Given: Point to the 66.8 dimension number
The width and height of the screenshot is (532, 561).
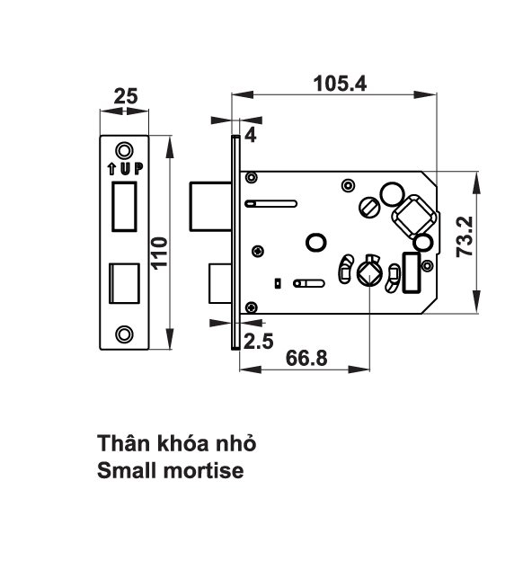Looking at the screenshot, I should coord(306,357).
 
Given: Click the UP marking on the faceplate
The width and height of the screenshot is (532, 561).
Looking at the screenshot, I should coord(125,167).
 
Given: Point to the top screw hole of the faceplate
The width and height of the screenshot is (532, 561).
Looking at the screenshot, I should coord(125,149).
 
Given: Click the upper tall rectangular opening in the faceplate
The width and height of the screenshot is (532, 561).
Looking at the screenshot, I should coord(124,206).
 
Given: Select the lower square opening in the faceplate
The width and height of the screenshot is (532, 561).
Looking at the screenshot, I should coord(124,284).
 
